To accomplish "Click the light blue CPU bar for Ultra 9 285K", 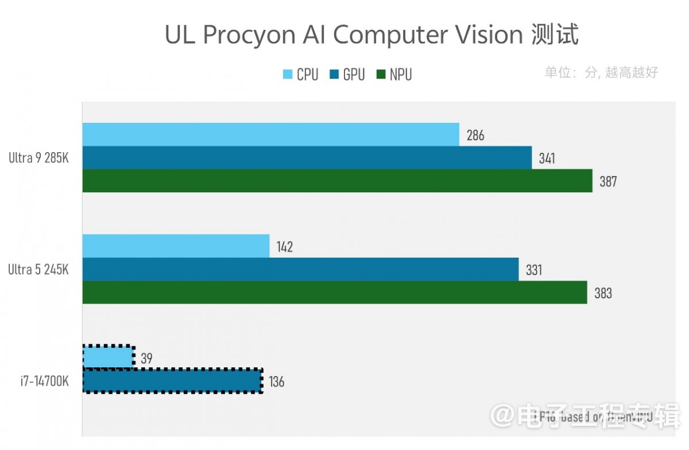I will (270, 134).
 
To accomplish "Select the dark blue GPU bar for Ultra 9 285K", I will (307, 158).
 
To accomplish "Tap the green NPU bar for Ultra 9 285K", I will (337, 181).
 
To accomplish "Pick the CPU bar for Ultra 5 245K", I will (176, 246).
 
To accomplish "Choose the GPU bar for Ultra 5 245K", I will (300, 269).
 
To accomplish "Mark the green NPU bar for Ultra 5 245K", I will (335, 292).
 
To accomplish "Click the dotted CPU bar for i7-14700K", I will (109, 356).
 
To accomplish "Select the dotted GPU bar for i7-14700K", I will (172, 381).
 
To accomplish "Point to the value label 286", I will (475, 135).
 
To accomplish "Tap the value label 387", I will (607, 182).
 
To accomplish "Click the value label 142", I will (284, 247).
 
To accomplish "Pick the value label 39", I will (146, 359).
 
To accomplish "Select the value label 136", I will (276, 382).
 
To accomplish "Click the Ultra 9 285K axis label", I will (38, 158).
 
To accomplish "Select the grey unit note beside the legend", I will (601, 72).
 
